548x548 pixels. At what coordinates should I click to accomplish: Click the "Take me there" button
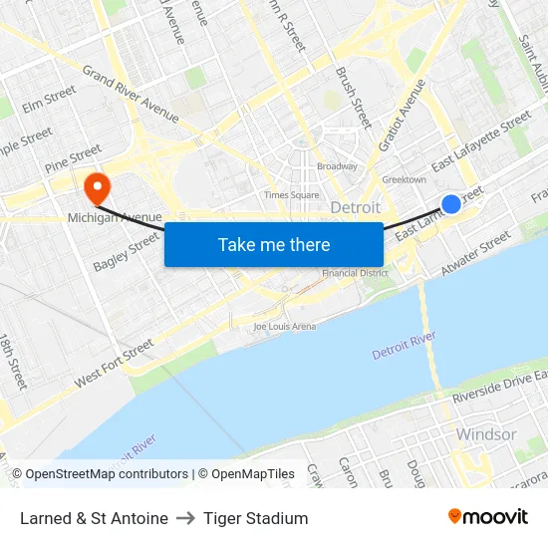[274, 244]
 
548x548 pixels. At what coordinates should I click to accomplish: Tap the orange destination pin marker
[98, 185]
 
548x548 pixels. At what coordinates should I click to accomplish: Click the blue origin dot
[450, 203]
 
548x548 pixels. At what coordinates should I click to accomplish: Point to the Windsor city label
[486, 434]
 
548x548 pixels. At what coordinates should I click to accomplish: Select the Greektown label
[405, 179]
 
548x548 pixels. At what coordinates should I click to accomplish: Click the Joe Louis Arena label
[284, 326]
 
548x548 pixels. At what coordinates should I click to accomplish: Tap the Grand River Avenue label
[131, 95]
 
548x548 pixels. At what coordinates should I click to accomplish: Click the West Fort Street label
[114, 365]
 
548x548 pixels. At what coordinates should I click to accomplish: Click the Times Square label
[292, 195]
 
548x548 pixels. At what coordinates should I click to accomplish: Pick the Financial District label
[354, 273]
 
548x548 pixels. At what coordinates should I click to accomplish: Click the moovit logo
[487, 516]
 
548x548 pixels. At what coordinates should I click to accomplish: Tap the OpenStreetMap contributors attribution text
[106, 474]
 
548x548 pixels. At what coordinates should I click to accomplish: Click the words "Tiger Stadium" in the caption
[255, 518]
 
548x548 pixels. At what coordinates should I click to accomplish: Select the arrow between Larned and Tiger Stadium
[185, 518]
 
